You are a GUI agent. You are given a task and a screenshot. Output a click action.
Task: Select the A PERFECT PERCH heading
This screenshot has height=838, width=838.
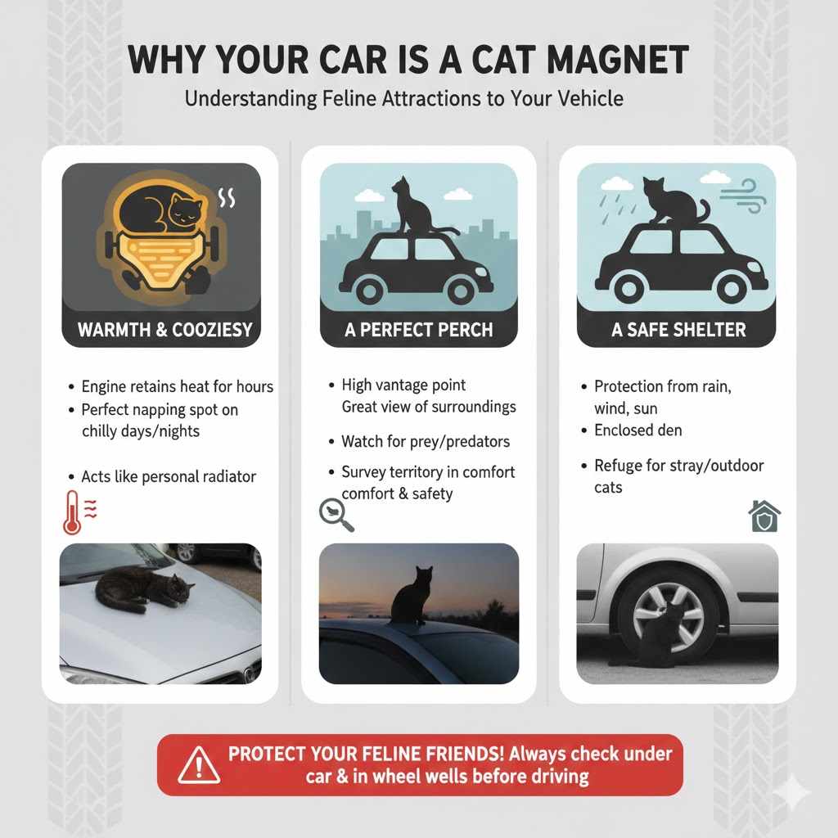[x=418, y=331]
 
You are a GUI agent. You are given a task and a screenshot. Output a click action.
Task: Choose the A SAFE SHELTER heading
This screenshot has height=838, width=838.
[x=678, y=331]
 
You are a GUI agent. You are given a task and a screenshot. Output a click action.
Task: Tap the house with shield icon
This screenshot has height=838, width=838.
[x=764, y=516]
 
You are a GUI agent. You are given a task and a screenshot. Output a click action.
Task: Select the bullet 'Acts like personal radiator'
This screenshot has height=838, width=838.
[x=169, y=476]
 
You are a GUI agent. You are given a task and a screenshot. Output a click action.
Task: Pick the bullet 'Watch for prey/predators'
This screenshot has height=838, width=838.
[x=426, y=442]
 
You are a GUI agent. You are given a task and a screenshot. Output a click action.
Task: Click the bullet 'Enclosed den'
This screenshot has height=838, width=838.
[x=638, y=430]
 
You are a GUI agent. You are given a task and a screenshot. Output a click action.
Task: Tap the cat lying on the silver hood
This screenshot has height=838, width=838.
[x=144, y=588]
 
